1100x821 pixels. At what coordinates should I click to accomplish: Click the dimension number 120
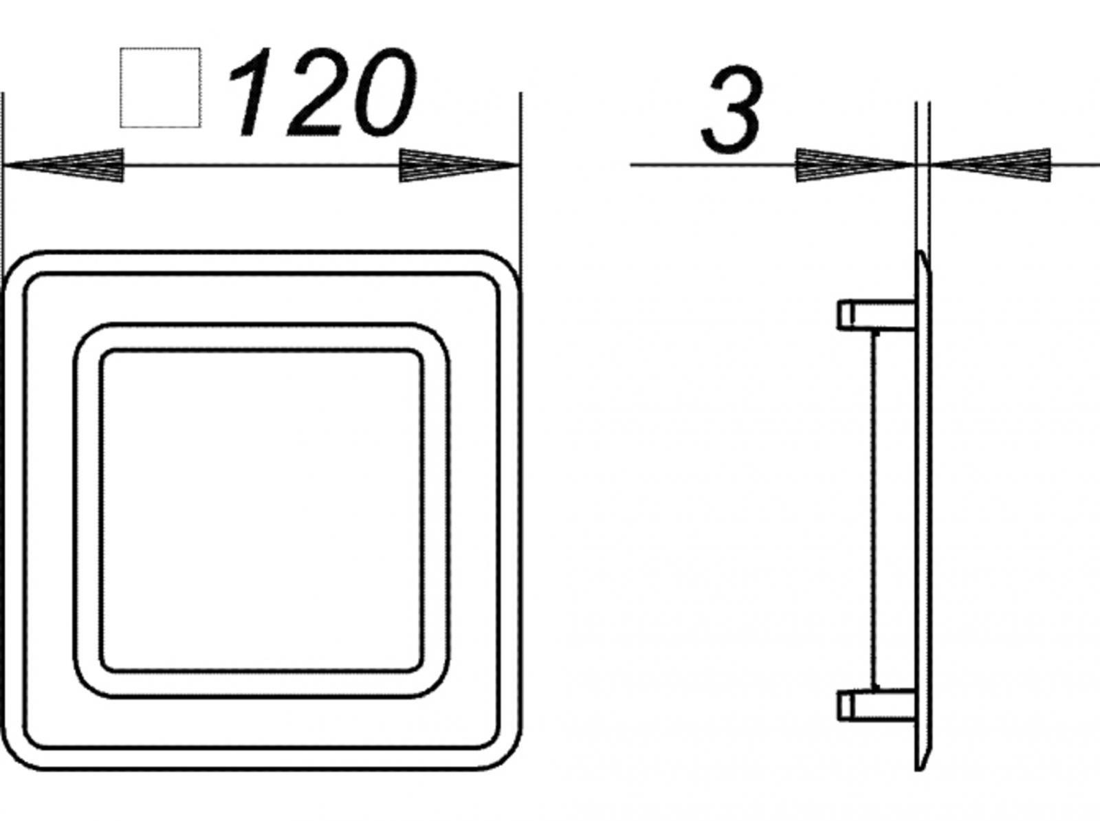click(323, 93)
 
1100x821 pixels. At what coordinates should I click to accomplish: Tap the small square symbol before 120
click(160, 87)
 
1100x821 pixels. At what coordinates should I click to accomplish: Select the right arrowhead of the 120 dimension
click(458, 166)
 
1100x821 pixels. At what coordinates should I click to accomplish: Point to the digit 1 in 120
click(254, 93)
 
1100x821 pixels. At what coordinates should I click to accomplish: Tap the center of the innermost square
click(261, 513)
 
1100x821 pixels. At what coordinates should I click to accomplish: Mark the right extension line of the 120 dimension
click(520, 172)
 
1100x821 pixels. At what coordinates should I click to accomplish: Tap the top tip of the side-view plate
click(920, 253)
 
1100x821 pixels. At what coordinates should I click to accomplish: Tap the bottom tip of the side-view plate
click(920, 768)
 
